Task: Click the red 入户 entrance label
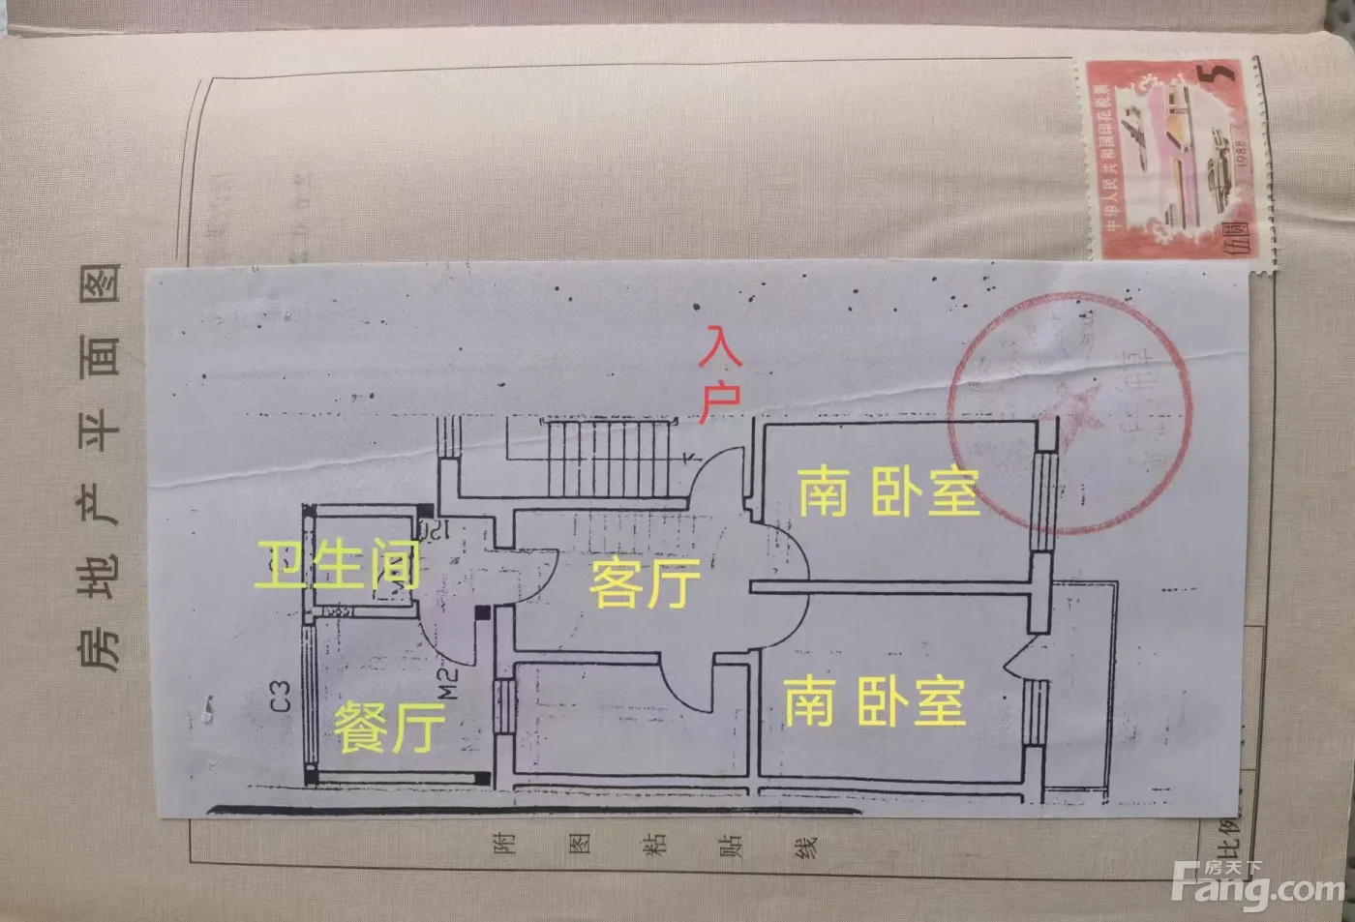[x=721, y=374]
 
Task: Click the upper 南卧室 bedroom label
[x=888, y=491]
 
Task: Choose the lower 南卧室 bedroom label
[x=874, y=701]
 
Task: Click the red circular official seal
[x=1069, y=411]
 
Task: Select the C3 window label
[x=280, y=697]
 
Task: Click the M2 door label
[x=446, y=682]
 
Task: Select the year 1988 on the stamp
[x=1239, y=154]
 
